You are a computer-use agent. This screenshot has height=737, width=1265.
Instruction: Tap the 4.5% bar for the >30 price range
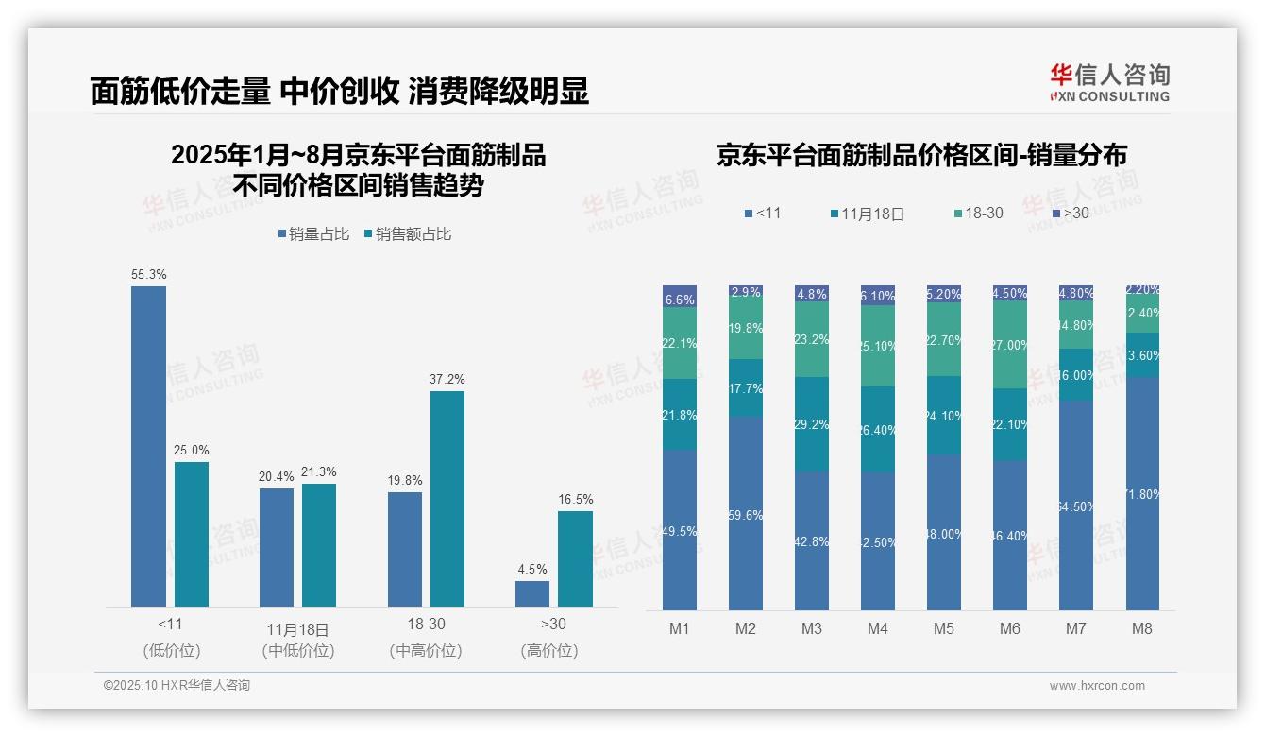pos(532,593)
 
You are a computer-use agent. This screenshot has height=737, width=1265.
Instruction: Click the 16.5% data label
pos(575,499)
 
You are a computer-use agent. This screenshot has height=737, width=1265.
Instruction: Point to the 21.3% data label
pos(319,471)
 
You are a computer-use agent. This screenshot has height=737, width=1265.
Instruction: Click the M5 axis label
pos(944,628)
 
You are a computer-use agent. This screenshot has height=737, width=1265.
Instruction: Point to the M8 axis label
pos(1142,628)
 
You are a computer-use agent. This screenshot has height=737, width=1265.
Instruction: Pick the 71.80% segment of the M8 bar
pos(1142,493)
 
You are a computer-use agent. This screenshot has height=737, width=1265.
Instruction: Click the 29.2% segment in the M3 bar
pos(812,425)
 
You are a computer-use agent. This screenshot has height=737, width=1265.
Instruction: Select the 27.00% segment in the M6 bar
pos(1010,345)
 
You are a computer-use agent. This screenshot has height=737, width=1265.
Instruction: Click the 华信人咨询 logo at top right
pos(1109,82)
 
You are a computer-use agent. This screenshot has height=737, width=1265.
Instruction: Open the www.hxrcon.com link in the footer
pos(1097,686)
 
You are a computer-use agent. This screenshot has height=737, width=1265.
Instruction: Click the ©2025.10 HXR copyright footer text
pos(177,686)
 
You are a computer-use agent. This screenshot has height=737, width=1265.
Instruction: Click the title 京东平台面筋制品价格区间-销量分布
pos(921,156)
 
